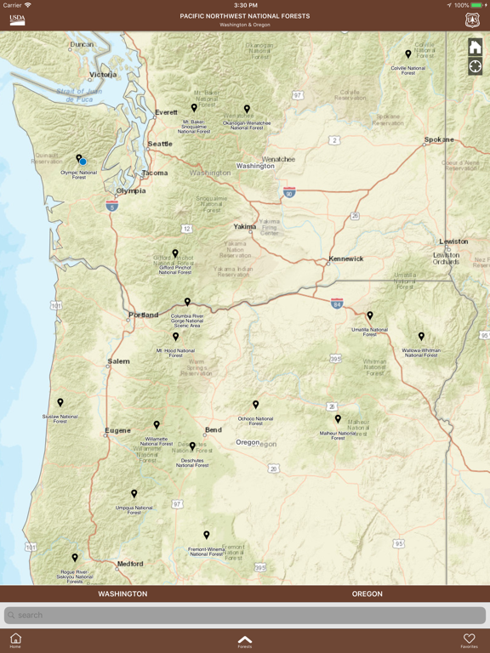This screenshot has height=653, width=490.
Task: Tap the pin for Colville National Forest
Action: pos(408,55)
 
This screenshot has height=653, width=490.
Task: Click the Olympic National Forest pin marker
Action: pos(78,158)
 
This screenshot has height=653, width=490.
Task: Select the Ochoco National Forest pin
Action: pos(255,406)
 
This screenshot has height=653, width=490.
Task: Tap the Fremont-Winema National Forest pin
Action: pos(207,536)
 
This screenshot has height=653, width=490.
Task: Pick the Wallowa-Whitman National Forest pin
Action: pos(421,337)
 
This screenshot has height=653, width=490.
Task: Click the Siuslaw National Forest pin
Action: pos(60,403)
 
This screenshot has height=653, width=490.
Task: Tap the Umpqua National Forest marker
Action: pos(134,494)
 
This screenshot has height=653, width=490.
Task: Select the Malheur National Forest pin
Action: pos(338,419)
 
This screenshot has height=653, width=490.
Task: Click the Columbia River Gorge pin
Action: pos(187,302)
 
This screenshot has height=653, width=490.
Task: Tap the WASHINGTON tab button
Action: pos(122,593)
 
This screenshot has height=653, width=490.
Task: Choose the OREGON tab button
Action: pos(367,593)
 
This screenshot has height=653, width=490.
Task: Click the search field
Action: pos(245,615)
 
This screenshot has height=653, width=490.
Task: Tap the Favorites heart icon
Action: pos(469,639)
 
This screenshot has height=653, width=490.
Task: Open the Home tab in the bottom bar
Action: pos(15,639)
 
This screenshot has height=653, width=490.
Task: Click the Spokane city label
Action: pos(439,139)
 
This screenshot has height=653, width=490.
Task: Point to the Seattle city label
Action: pos(160,144)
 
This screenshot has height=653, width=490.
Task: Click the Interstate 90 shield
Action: pos(289,193)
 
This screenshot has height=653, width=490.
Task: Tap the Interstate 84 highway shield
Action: pos(337,303)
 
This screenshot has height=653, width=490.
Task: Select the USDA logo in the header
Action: pos(17,20)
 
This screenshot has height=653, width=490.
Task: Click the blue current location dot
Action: pos(83,162)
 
